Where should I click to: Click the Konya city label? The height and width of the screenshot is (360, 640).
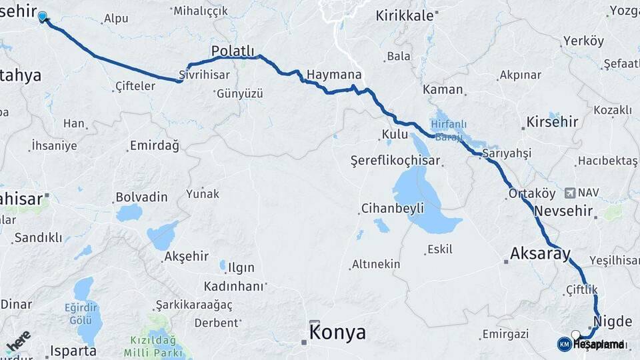(x=337, y=331)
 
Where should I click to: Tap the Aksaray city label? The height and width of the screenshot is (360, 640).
(x=540, y=253)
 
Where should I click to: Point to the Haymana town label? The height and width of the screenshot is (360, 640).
(x=335, y=75)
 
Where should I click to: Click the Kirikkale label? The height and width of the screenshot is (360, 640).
(x=405, y=16)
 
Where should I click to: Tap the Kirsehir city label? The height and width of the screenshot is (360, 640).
(x=552, y=122)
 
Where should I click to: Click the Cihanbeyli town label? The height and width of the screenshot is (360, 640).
(x=392, y=208)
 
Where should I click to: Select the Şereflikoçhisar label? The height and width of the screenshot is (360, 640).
(x=395, y=161)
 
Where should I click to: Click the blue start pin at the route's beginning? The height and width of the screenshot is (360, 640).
(x=43, y=17)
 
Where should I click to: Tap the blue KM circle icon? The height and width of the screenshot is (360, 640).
(x=564, y=344)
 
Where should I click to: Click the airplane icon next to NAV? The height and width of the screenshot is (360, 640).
(x=570, y=193)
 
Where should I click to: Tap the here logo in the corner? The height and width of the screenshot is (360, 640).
(x=18, y=341)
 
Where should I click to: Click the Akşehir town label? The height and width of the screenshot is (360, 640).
(x=187, y=257)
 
